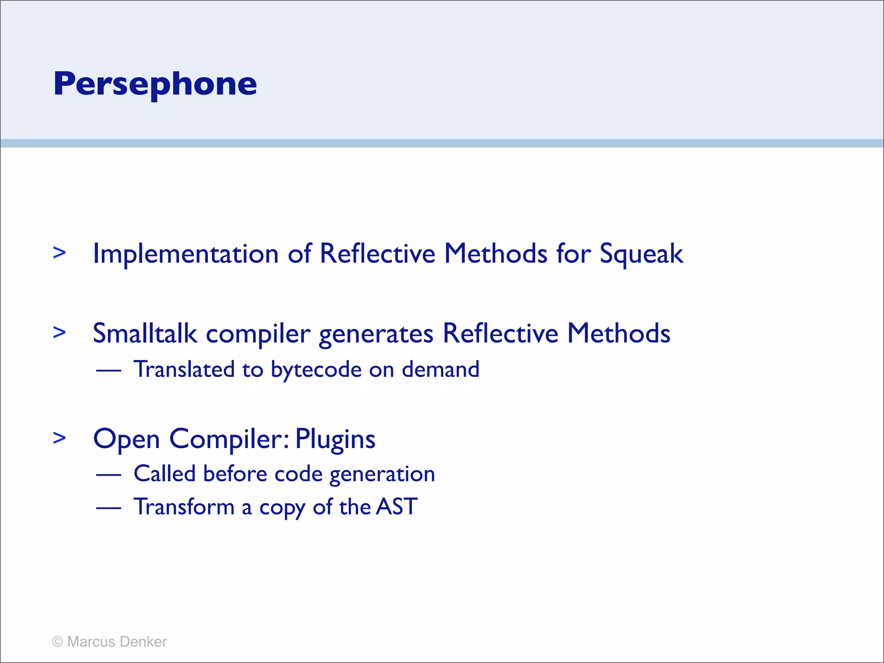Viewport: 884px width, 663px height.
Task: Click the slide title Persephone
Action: (155, 84)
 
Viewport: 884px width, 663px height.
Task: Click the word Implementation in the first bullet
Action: (186, 253)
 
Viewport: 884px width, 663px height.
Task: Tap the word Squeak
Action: (641, 254)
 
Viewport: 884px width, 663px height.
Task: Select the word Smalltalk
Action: (145, 334)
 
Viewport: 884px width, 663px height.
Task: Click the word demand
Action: (440, 369)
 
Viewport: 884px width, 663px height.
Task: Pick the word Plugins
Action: (335, 440)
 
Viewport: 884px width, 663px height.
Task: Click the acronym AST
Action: (397, 507)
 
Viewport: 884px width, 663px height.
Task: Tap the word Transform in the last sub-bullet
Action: (184, 507)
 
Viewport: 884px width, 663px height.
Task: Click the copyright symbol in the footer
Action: (57, 642)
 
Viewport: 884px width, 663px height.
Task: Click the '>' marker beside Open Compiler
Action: (60, 438)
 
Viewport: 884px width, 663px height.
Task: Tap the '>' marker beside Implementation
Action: (60, 253)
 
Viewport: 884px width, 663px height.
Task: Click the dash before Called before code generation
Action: (108, 475)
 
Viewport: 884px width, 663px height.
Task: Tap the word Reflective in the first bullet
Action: (377, 253)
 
